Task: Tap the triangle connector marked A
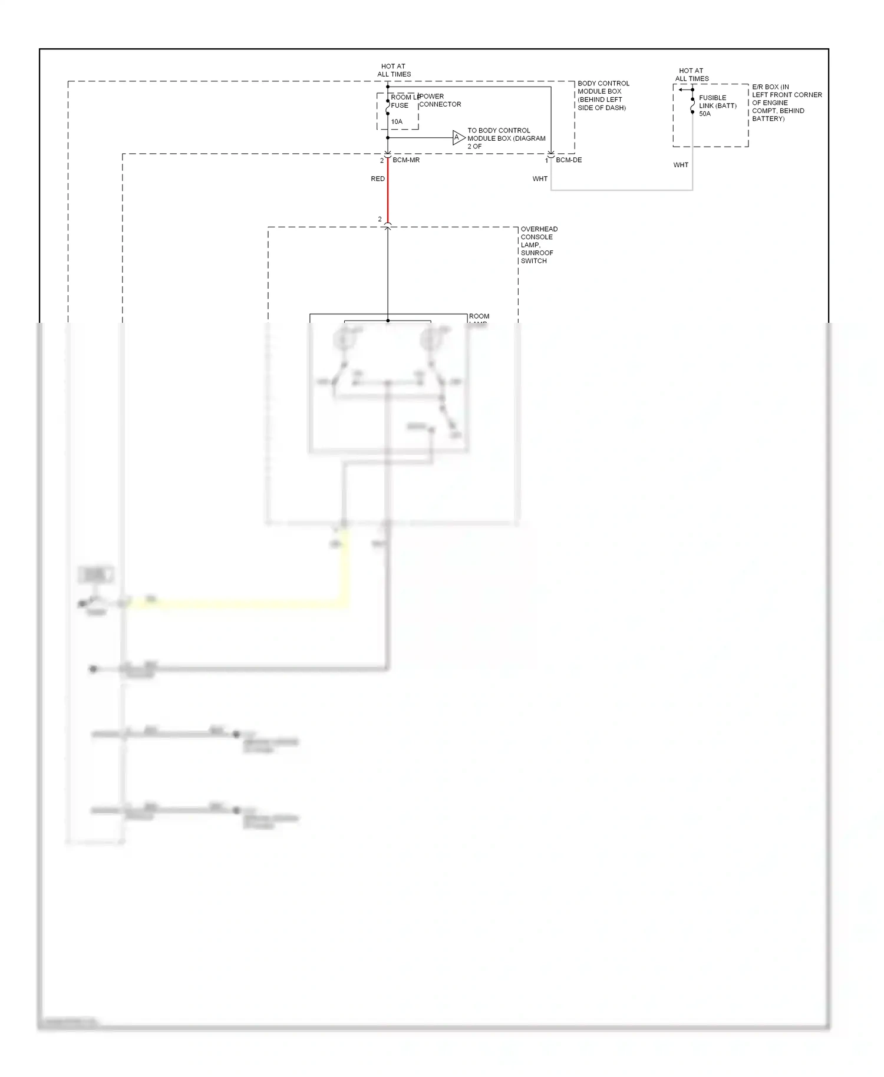click(458, 138)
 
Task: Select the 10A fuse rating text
click(397, 122)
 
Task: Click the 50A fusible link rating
click(705, 114)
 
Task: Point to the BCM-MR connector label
click(406, 160)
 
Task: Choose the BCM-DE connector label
click(569, 160)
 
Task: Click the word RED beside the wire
click(378, 179)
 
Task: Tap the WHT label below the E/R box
click(681, 166)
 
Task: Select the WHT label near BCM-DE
click(540, 179)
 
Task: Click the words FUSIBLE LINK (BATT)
click(717, 102)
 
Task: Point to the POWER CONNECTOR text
click(440, 101)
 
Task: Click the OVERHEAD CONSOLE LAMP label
click(538, 245)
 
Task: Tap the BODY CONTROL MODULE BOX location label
click(603, 95)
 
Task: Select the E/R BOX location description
click(786, 103)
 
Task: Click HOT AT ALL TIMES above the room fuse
click(394, 71)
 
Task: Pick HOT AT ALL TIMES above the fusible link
click(692, 75)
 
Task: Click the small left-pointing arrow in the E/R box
click(682, 90)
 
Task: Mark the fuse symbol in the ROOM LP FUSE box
click(388, 108)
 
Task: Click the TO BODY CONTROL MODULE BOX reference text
click(506, 138)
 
